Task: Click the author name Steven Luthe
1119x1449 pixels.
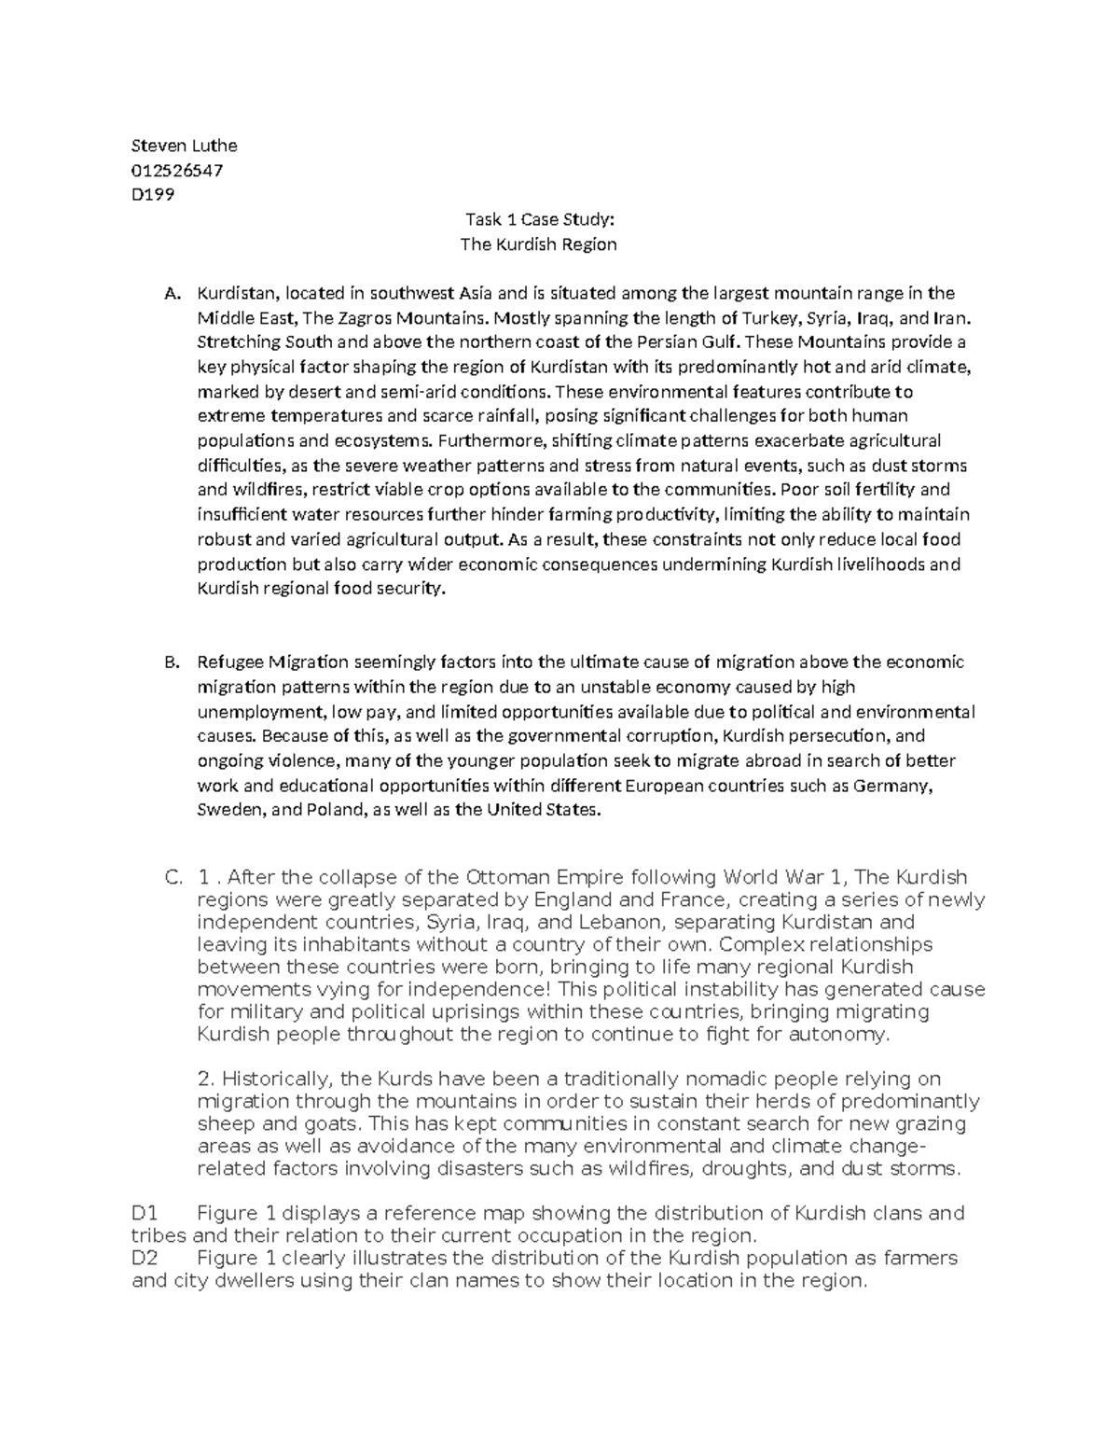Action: (x=184, y=146)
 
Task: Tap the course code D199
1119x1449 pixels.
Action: (x=153, y=195)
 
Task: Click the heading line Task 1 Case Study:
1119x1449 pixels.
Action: (x=540, y=220)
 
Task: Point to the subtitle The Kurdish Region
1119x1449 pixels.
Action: (x=539, y=244)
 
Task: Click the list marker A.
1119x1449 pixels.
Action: (x=171, y=294)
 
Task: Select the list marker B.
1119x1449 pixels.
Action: (x=171, y=663)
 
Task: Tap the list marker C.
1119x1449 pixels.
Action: (x=172, y=878)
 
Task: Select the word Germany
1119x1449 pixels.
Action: (x=898, y=786)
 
